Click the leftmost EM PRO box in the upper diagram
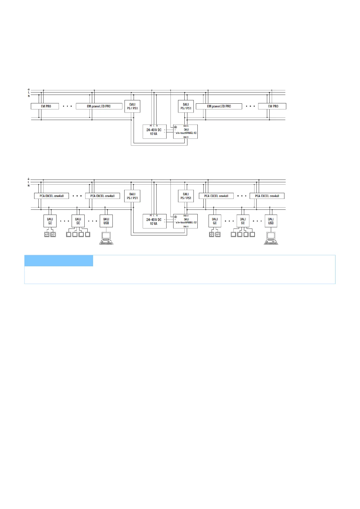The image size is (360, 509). point(45,106)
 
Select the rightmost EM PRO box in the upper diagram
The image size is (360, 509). point(272,106)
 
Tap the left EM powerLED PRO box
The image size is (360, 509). point(99,106)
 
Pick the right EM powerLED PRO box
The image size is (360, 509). point(219,106)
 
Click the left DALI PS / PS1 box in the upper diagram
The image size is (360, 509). point(132,106)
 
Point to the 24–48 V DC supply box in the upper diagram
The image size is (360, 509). point(154,132)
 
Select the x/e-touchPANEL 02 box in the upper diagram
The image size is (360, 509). point(185,132)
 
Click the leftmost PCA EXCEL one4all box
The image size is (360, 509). point(51,196)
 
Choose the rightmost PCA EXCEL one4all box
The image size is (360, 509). point(267,196)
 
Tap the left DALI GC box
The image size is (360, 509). point(50,221)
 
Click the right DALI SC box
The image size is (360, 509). point(243,221)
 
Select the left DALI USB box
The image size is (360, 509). point(106,221)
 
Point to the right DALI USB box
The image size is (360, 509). point(271,221)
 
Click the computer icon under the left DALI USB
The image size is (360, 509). point(106,238)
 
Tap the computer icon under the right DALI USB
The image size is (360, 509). point(271,238)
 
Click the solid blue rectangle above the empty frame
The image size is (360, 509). point(59,261)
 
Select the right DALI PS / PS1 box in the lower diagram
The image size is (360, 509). point(186,196)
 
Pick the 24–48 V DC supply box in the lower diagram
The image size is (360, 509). point(154,222)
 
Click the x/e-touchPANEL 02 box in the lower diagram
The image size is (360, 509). point(185,221)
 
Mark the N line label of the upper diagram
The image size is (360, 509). point(29,96)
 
